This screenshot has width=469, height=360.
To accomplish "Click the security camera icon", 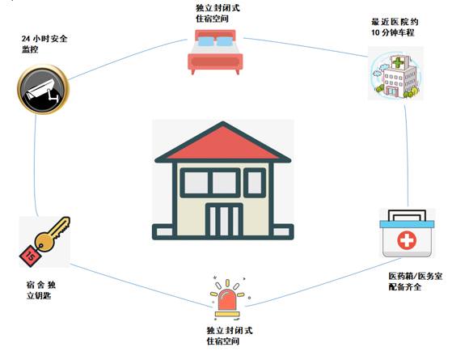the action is pyautogui.click(x=44, y=89).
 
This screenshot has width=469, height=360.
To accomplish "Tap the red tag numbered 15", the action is pyautogui.click(x=31, y=256).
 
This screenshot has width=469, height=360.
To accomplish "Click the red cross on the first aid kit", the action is pyautogui.click(x=407, y=240).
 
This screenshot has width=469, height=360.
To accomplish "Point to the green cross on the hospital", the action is pyautogui.click(x=398, y=62).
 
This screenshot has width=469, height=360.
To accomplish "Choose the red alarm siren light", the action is pyautogui.click(x=227, y=300).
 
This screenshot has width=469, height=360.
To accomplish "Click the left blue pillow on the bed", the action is pyautogui.click(x=205, y=41).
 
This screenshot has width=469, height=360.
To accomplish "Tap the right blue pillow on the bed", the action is pyautogui.click(x=224, y=41).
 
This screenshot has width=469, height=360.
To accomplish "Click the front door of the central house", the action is pyautogui.click(x=224, y=220).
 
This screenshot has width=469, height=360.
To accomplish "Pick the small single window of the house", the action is pyautogui.click(x=255, y=183).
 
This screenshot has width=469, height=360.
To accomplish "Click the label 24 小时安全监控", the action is pyautogui.click(x=44, y=44).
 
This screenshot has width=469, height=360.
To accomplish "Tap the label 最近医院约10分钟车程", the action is pyautogui.click(x=395, y=28).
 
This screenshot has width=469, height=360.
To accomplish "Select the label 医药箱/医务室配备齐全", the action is pyautogui.click(x=416, y=282).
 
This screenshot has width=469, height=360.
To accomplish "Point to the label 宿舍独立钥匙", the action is pyautogui.click(x=41, y=290).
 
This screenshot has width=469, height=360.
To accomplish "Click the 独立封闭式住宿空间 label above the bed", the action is pyautogui.click(x=218, y=14).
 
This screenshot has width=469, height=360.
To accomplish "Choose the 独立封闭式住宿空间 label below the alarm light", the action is pyautogui.click(x=230, y=336).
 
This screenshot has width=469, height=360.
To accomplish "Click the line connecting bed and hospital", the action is pyautogui.click(x=305, y=47).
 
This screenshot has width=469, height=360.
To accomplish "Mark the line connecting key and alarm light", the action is pyautogui.click(x=141, y=286).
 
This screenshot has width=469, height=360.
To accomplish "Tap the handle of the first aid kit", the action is pyautogui.click(x=407, y=212).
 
